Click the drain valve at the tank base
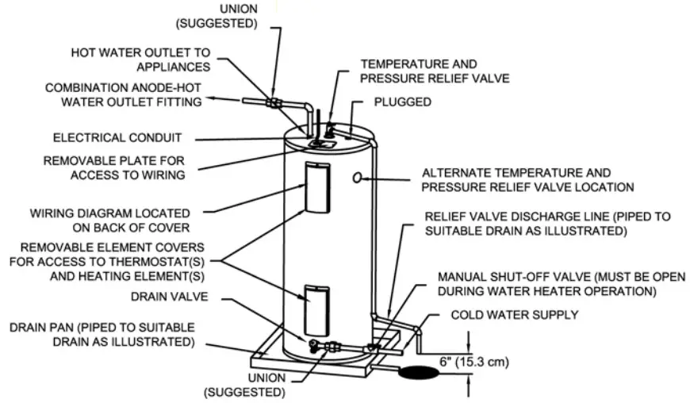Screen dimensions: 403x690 click(315, 345)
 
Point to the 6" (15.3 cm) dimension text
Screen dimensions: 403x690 click(473, 362)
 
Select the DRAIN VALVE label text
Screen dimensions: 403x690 click(156, 296)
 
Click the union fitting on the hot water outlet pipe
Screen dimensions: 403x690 click(273, 102)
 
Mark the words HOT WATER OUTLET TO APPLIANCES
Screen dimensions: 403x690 click(140, 60)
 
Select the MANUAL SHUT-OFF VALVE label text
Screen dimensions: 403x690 click(546, 284)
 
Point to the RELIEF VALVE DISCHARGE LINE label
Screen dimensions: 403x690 click(526, 224)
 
